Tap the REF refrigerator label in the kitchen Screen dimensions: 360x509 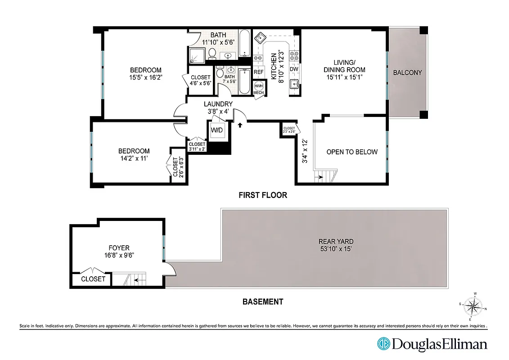pos(258,72)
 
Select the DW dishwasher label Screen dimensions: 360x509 pos(294,69)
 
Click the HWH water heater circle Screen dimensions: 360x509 pos(259,86)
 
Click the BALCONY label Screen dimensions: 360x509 pos(407,72)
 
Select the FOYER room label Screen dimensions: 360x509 pos(119,247)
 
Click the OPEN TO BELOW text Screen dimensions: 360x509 pos(352,152)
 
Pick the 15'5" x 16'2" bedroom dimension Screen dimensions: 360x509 pos(145,77)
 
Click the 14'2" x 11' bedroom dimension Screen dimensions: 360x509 pos(133,158)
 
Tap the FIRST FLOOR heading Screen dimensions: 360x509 pos(263,195)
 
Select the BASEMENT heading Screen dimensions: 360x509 pos(263,301)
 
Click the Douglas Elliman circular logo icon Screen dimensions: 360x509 pos(383,344)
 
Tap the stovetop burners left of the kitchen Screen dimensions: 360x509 pos(258,58)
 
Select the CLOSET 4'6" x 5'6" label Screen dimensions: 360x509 pos(200,81)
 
